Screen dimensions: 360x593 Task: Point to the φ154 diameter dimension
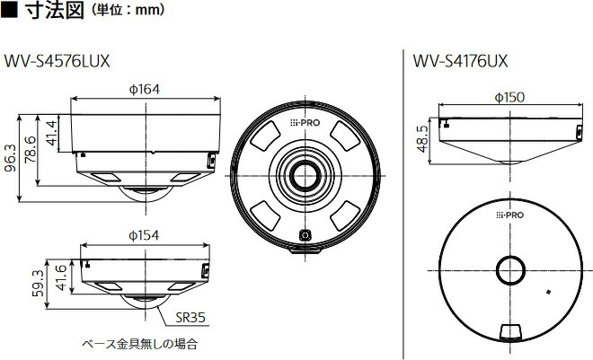(145, 235)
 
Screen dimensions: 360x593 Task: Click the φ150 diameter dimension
(509, 97)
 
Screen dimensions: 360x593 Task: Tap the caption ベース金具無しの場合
(138, 344)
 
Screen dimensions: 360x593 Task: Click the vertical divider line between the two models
(402, 198)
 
